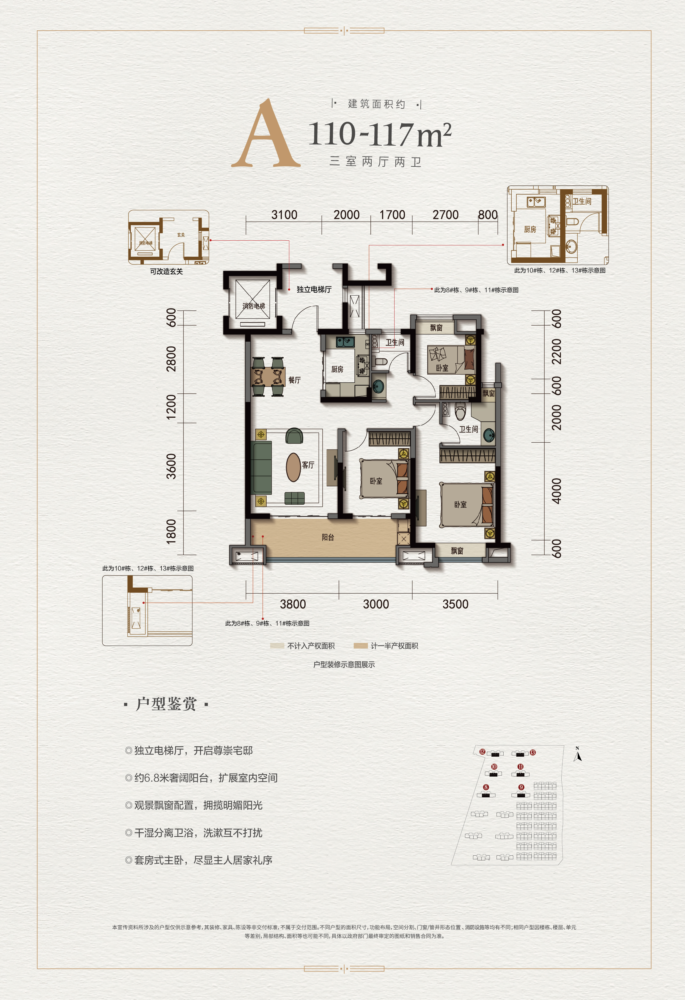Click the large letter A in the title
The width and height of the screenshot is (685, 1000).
266,135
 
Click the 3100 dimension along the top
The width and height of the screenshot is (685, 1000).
284,215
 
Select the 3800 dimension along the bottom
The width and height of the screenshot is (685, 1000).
293,604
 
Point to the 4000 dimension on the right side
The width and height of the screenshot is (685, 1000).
556,490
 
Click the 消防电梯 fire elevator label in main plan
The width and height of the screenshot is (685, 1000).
254,306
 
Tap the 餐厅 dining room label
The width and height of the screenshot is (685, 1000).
295,380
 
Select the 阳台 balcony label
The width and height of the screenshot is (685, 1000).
328,537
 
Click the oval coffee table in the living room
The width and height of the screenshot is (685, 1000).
294,467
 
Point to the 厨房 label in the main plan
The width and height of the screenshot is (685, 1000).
337,369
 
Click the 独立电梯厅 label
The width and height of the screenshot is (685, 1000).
314,290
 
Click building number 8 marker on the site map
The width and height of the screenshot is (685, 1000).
486,787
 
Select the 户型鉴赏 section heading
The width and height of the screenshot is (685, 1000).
166,704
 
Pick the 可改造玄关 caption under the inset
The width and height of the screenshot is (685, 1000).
166,272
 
